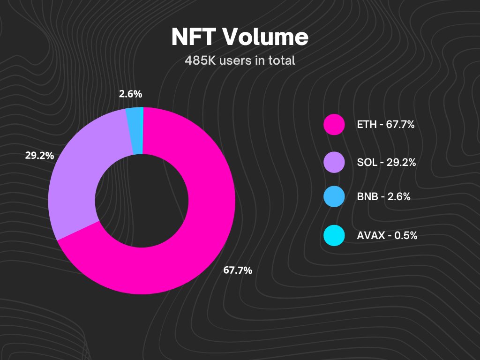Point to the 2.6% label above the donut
[x=130, y=94]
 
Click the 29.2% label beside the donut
[x=39, y=156]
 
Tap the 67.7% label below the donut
[x=238, y=270]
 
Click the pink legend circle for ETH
[x=334, y=125]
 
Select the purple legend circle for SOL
[x=334, y=162]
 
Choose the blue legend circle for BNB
[x=334, y=197]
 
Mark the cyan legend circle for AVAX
[x=334, y=236]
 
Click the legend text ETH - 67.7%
[x=385, y=126]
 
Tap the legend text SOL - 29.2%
[x=386, y=163]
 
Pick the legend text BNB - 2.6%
[x=383, y=197]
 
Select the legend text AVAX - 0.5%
[x=387, y=236]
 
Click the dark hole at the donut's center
[x=142, y=201]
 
